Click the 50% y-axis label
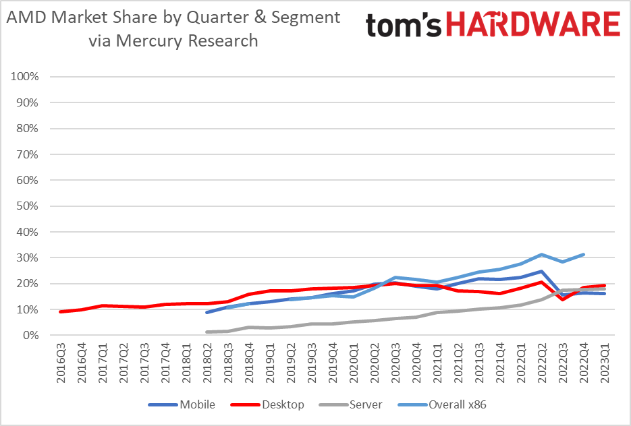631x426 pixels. [28, 206]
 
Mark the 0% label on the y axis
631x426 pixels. [30, 335]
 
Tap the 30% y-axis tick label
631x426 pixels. [28, 257]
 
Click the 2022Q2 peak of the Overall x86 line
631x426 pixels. [541, 255]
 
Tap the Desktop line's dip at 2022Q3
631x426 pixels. [562, 299]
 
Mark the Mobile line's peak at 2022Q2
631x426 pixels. [541, 272]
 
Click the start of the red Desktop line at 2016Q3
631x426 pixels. [61, 311]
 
